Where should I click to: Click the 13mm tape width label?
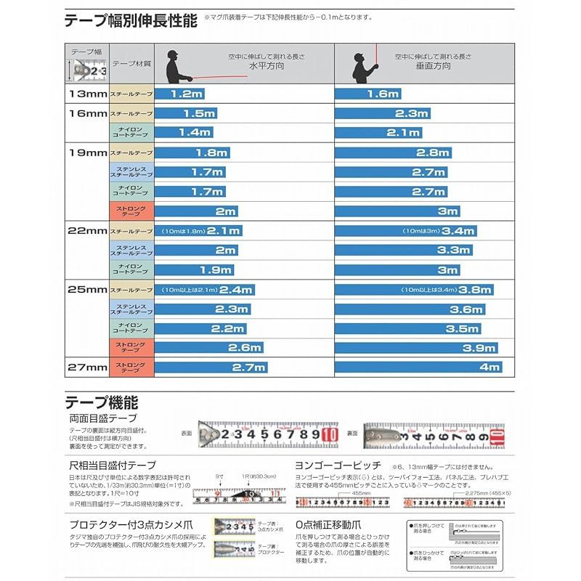(x=86, y=94)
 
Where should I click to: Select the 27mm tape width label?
(x=86, y=367)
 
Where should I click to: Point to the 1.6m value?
(x=383, y=94)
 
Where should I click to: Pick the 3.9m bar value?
(x=480, y=348)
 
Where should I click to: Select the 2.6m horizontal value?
(x=244, y=348)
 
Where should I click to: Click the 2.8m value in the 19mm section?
(x=433, y=153)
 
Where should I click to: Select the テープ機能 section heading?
(x=102, y=402)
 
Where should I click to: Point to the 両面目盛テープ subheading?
(x=101, y=419)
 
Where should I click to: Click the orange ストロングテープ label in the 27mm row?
(x=131, y=367)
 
